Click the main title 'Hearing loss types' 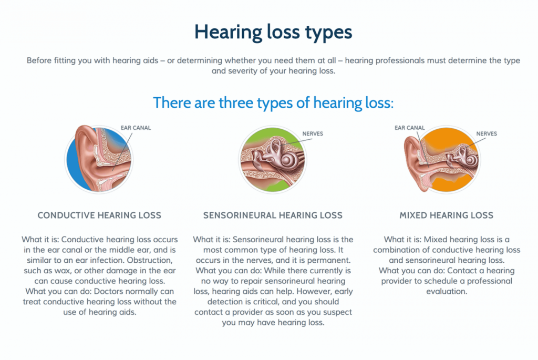(x=273, y=33)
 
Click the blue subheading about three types (x=273, y=102)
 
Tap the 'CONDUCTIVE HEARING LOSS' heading (x=99, y=215)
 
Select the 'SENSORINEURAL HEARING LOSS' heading (x=273, y=215)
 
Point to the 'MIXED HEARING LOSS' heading (x=447, y=215)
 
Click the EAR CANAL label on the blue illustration (x=136, y=128)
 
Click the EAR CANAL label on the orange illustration (x=409, y=128)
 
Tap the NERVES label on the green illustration (x=313, y=134)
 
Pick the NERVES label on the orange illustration (x=487, y=134)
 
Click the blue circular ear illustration (x=99, y=159)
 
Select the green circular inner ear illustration (x=273, y=160)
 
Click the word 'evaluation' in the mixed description (x=447, y=292)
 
